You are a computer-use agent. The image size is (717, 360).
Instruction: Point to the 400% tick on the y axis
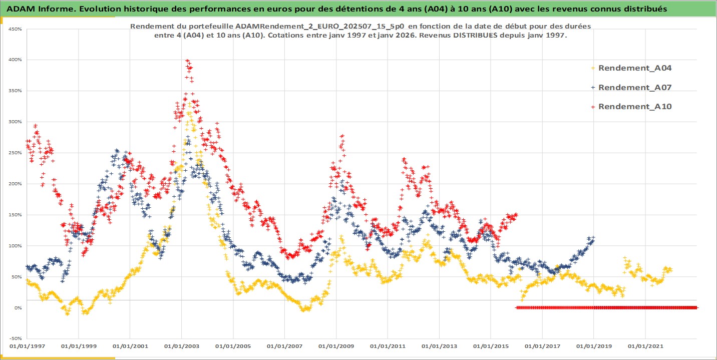[15, 60]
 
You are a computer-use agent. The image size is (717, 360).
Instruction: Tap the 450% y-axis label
[15, 29]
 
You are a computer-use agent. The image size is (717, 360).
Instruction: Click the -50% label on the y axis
[15, 339]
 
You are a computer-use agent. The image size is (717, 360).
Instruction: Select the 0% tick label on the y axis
[18, 308]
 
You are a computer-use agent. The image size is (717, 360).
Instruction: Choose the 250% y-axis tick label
[15, 153]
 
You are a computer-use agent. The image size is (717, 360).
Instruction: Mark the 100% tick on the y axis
[15, 246]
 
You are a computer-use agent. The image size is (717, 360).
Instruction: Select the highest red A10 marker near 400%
[187, 61]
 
